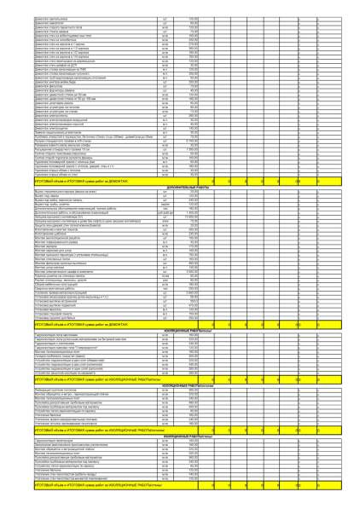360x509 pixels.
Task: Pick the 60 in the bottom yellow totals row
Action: (297, 485)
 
